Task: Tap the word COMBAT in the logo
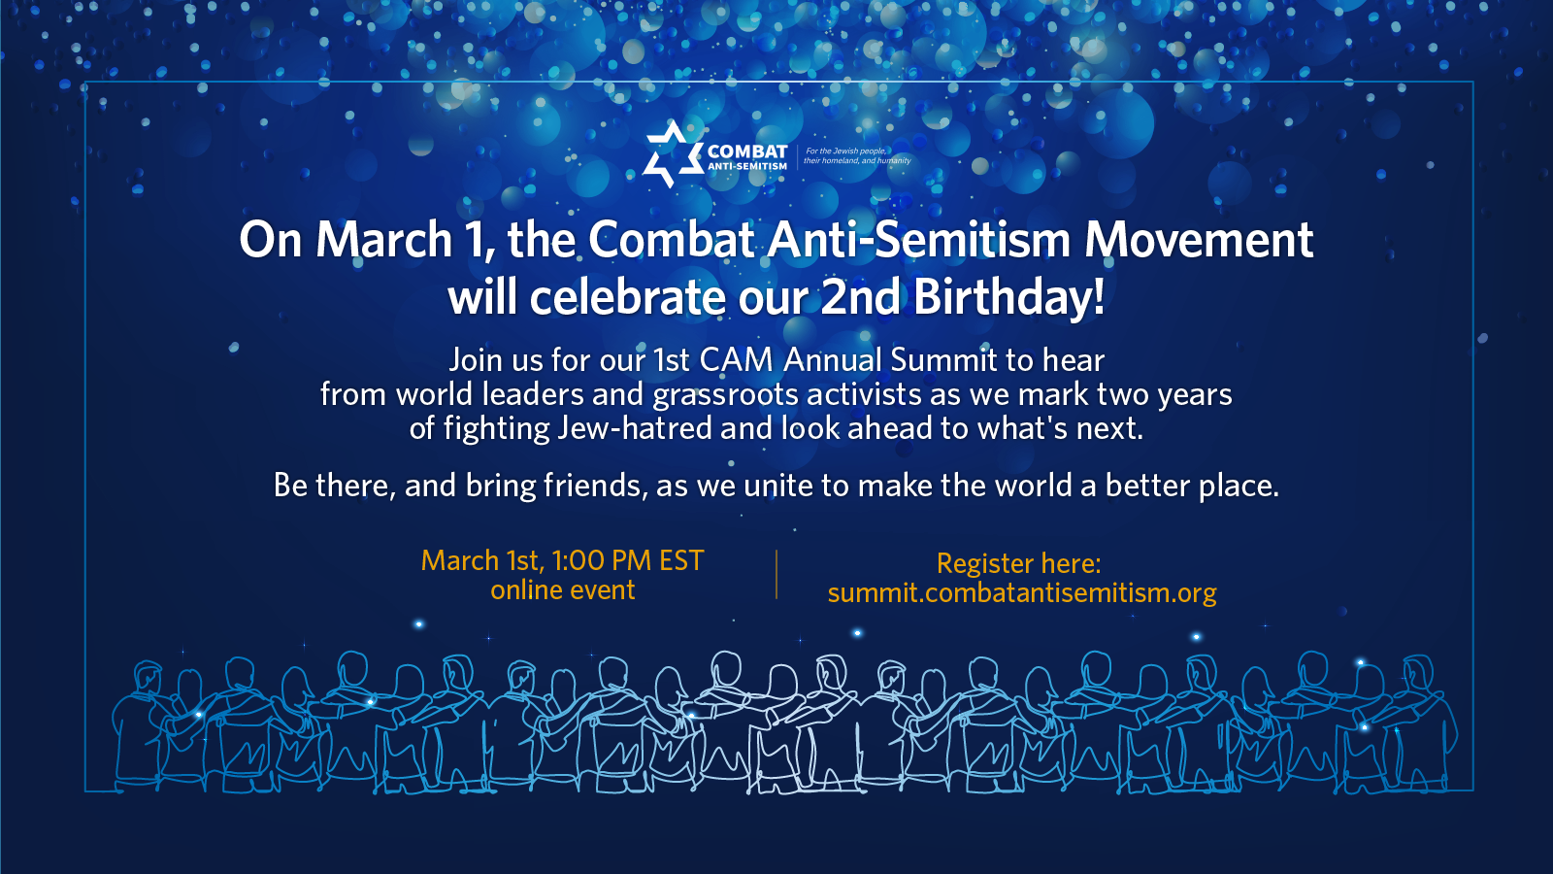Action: [747, 151]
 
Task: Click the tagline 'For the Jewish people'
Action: [845, 151]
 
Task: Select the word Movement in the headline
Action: [1199, 240]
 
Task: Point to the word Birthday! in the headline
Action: [1008, 297]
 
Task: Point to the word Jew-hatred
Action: [635, 428]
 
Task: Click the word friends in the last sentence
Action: [593, 486]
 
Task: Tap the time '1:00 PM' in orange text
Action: [601, 560]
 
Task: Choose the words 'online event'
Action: [562, 590]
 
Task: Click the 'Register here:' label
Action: [1018, 564]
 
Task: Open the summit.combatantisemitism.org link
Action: [1022, 593]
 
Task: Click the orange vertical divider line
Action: [776, 574]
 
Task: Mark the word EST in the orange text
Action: [681, 560]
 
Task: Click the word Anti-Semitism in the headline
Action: [919, 240]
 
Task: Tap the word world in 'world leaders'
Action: [435, 394]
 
